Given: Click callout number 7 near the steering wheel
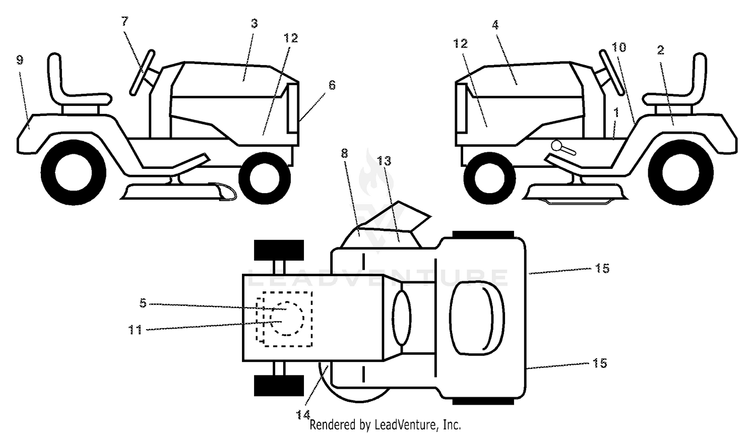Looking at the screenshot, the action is coord(125,21).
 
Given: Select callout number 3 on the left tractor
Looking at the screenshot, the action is coord(254,23).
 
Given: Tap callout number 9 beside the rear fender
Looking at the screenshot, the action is coord(20,60).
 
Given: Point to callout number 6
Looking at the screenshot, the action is coord(332,85).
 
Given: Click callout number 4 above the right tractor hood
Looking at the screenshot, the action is coord(495,25).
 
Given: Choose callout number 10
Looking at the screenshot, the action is coord(619,47).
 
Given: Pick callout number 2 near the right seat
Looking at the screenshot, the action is coord(660,50).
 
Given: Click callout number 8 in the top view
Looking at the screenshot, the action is coord(344,154).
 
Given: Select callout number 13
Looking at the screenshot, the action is coord(384,161).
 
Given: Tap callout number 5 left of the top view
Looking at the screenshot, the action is coord(143,303).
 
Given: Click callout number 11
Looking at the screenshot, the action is coord(136,330).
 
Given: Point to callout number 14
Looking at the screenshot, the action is coord(303,414).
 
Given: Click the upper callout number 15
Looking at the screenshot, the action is coord(602,269).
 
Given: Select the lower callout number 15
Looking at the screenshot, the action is coord(600,363).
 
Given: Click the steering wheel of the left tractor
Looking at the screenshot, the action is coord(142,73).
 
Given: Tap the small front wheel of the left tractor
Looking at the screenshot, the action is coord(265,178).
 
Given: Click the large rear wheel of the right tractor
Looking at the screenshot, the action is coord(681,172).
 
